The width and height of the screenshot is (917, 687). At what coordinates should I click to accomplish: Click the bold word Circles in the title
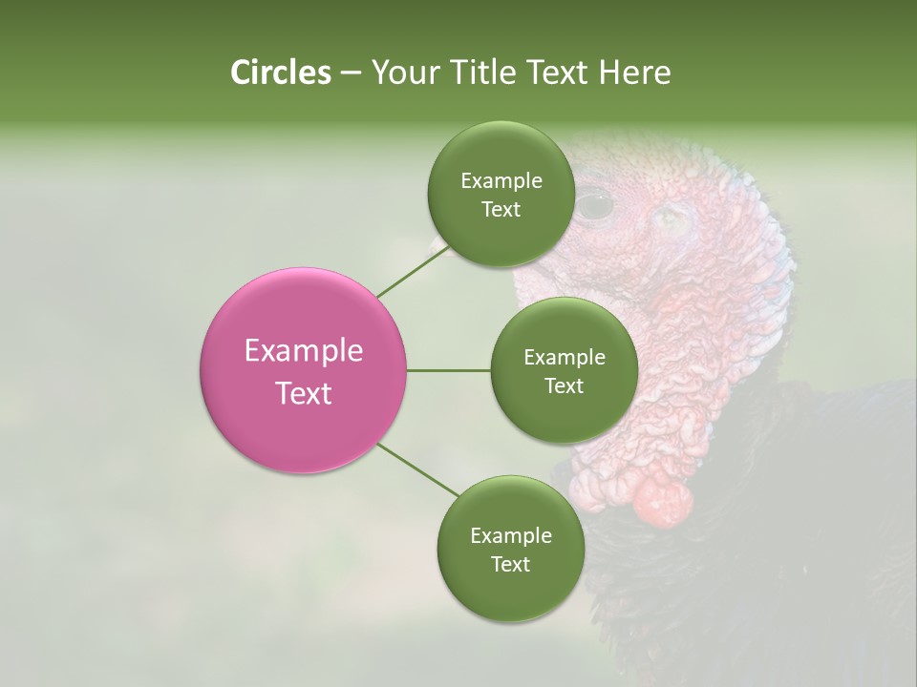coord(280,73)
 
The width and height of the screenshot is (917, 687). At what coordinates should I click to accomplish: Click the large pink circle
coord(303,371)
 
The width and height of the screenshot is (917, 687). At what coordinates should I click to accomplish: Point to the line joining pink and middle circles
coord(448,370)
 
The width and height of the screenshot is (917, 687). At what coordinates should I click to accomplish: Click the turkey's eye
coord(596,203)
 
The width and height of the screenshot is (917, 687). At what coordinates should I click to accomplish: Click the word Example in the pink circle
coord(303,351)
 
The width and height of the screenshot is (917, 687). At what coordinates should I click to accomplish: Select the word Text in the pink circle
coord(303,393)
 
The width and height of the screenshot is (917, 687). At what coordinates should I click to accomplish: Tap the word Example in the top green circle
coord(501,180)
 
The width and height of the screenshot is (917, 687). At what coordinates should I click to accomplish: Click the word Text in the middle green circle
coord(564,385)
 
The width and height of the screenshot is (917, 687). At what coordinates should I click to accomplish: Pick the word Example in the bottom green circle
coord(510,535)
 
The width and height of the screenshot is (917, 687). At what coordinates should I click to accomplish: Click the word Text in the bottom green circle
coord(510,564)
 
